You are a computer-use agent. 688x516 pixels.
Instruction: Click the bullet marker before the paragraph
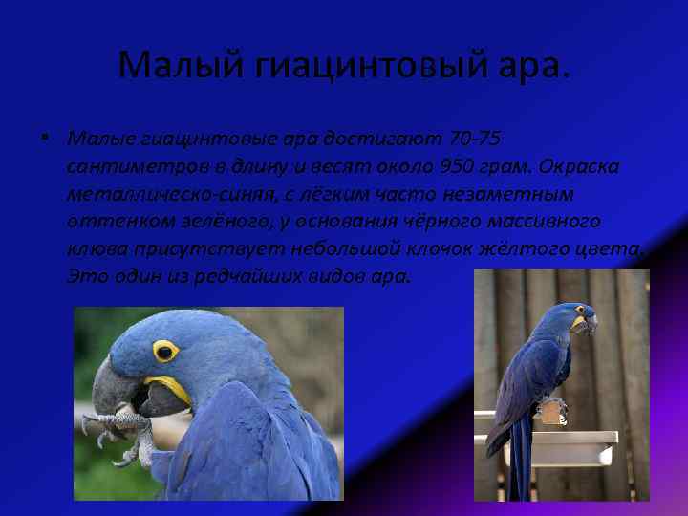(x=47, y=140)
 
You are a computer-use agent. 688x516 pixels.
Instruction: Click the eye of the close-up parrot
(x=164, y=351)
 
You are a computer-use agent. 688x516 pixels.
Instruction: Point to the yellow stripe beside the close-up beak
(x=170, y=387)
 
